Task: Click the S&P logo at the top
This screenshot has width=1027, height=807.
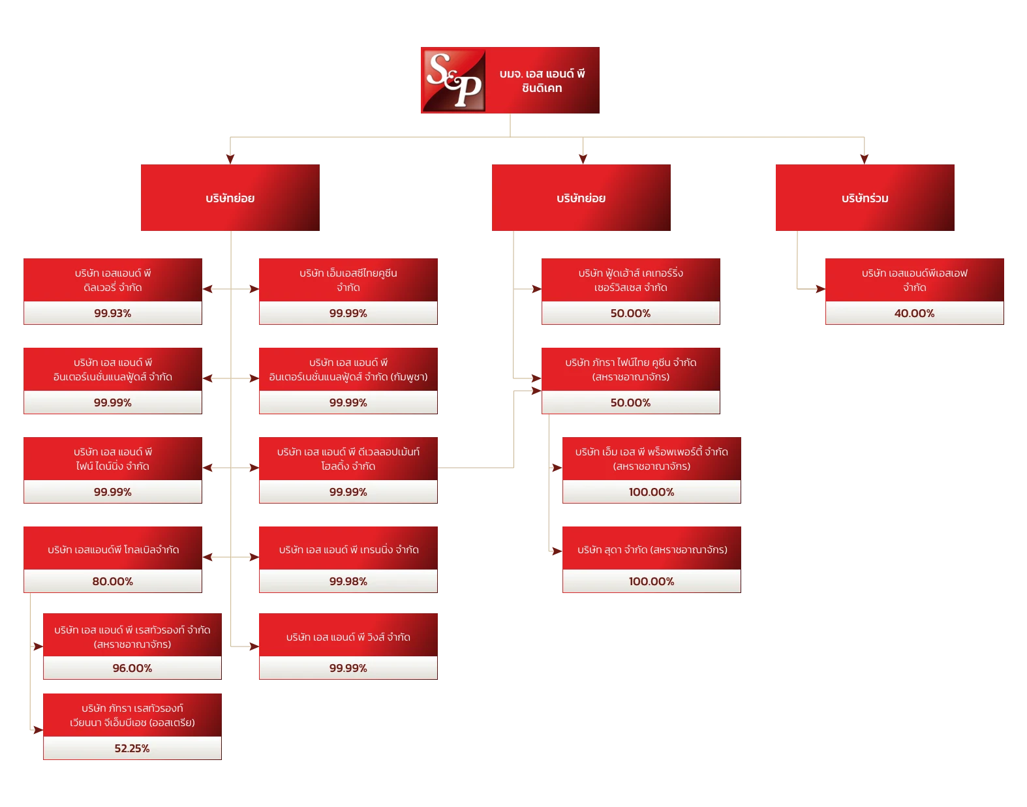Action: click(453, 80)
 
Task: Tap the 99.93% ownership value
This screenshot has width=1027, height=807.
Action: click(112, 313)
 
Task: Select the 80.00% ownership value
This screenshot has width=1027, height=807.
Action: click(112, 581)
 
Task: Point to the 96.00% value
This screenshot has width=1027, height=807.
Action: click(132, 668)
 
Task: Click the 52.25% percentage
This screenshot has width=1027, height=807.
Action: click(132, 748)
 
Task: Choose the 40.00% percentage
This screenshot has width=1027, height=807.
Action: click(914, 313)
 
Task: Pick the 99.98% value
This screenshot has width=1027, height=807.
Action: click(348, 581)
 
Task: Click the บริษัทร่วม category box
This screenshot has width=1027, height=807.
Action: click(864, 198)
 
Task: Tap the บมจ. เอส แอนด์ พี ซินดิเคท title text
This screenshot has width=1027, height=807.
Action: click(542, 81)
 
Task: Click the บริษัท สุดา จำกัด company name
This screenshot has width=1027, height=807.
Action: click(652, 550)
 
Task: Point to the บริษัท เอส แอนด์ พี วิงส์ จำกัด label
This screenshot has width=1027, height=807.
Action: click(348, 637)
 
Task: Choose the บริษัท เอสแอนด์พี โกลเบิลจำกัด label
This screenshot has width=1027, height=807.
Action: click(113, 550)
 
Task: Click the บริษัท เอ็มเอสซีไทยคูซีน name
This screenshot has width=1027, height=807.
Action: click(348, 273)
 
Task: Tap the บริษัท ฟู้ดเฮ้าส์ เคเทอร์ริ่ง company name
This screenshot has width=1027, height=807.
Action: click(630, 273)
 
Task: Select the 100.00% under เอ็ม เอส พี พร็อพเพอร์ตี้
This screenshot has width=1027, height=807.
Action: click(651, 492)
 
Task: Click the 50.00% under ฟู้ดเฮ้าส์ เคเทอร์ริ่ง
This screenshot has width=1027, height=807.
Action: click(630, 313)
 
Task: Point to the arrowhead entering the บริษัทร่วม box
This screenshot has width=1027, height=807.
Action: click(865, 158)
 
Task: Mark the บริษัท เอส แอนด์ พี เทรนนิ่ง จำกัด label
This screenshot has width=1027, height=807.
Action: click(348, 550)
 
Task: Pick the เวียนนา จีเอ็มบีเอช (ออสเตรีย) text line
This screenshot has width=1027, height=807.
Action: click(132, 723)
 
